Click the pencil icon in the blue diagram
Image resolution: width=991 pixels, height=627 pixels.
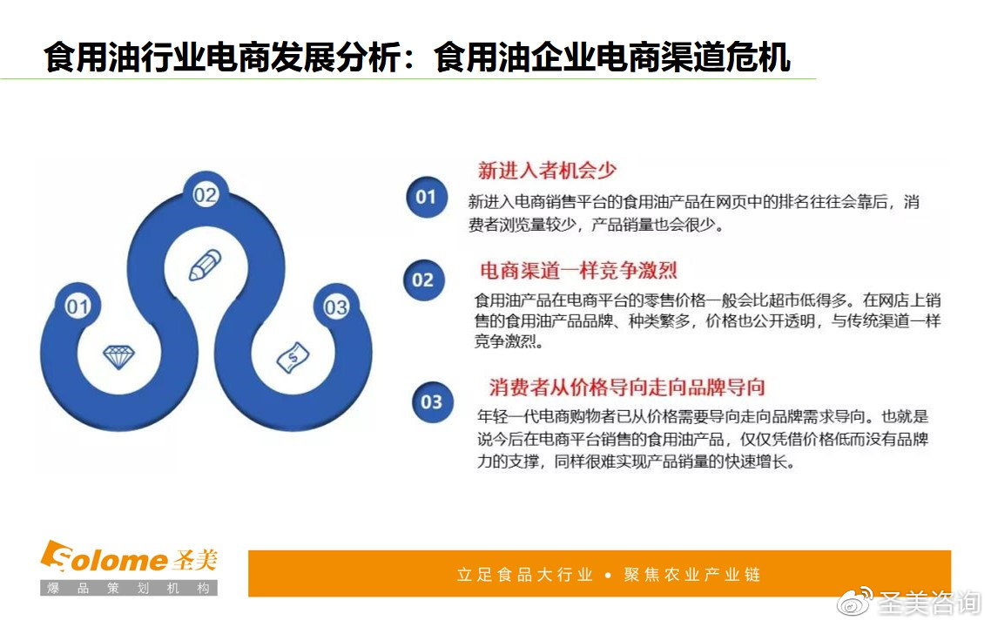tap(206, 265)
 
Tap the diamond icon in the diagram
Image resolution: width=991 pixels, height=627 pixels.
tap(118, 357)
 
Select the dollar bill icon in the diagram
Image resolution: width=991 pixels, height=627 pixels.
tap(293, 357)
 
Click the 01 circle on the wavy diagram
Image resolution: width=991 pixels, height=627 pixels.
tap(78, 307)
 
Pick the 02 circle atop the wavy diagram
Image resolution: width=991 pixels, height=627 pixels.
tap(206, 195)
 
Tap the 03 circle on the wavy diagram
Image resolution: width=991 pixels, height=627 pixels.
tap(335, 307)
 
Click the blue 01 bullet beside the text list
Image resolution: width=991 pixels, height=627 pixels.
tap(426, 197)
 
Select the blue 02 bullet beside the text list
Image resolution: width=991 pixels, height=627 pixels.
tap(423, 280)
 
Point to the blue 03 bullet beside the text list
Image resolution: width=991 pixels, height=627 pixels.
tap(432, 402)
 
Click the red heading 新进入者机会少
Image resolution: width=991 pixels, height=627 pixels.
tap(547, 170)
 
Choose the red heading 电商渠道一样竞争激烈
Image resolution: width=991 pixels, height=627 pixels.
tap(578, 271)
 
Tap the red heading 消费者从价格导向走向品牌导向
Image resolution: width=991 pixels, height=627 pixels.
tap(627, 387)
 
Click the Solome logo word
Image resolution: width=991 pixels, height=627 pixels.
tap(104, 557)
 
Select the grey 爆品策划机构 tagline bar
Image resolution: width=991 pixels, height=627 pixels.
tap(129, 588)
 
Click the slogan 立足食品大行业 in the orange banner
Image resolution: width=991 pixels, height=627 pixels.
tap(524, 575)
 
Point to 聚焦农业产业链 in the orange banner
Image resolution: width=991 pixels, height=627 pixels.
tap(692, 575)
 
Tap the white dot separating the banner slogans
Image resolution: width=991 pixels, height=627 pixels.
tap(608, 575)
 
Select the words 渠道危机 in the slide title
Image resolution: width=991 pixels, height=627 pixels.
tap(725, 57)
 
